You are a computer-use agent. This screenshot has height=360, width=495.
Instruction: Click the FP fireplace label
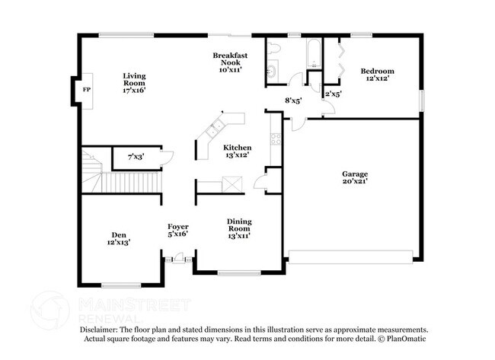click(x=85, y=90)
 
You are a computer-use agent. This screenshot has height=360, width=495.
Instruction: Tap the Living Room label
click(x=134, y=82)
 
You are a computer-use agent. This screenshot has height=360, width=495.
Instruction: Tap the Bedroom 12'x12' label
click(x=377, y=75)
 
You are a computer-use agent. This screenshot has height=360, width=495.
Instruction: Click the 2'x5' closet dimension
click(x=334, y=94)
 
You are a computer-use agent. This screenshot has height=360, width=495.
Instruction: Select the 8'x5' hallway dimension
click(x=293, y=99)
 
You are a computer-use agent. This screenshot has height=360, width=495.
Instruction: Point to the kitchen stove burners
click(x=275, y=139)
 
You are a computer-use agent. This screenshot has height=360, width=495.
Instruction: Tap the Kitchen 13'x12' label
click(x=237, y=151)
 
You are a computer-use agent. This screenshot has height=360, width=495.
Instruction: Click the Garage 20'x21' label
click(x=355, y=177)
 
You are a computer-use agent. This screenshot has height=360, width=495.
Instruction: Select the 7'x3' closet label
click(x=136, y=157)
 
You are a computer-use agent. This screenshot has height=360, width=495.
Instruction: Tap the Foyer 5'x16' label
click(x=177, y=231)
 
